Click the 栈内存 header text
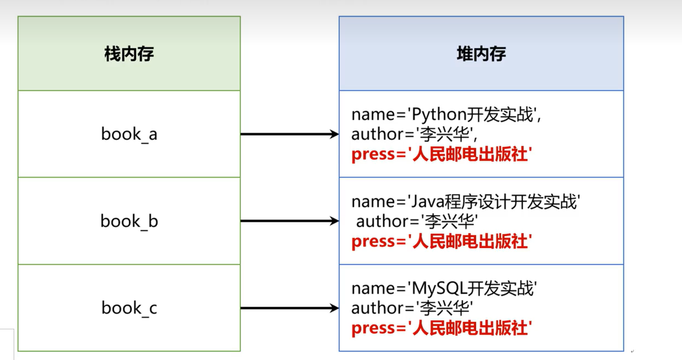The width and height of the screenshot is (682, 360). (x=129, y=54)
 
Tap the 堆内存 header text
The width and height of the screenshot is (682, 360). (x=481, y=54)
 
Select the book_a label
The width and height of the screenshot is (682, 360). (x=129, y=134)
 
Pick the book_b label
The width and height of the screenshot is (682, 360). (x=129, y=221)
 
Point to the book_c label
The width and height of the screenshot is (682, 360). (x=129, y=308)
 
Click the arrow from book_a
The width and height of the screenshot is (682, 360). (x=289, y=134)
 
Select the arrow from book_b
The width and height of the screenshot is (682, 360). (x=289, y=221)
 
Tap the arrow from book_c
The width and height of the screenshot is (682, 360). (x=289, y=308)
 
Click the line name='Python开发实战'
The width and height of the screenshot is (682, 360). (x=448, y=115)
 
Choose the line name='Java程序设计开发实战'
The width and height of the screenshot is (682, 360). (x=466, y=202)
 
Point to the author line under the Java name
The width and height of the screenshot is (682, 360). (x=417, y=221)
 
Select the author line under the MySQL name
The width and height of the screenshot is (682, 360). (x=413, y=308)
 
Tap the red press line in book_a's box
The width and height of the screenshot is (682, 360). (x=441, y=154)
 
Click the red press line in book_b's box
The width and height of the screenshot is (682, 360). (x=441, y=241)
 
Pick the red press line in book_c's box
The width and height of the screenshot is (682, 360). (x=441, y=328)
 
